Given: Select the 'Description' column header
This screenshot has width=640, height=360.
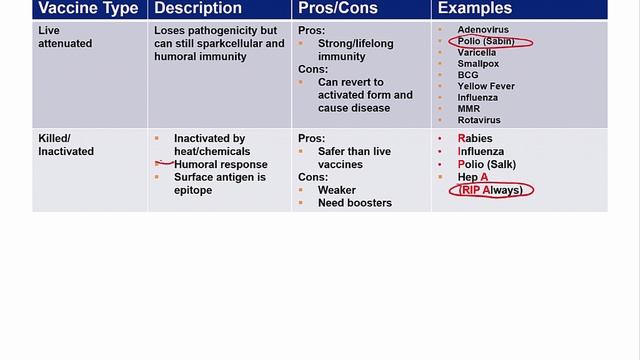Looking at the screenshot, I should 199,9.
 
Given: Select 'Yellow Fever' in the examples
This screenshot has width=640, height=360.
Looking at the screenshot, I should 486,86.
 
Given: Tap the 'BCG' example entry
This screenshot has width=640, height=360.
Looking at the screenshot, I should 468,75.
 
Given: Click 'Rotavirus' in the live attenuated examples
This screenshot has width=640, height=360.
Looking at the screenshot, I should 479,120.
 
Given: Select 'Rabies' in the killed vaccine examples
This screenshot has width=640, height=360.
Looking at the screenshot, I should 475,138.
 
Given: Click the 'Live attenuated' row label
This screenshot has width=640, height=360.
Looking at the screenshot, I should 66,37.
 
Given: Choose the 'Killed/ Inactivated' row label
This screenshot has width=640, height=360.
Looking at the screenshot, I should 66,145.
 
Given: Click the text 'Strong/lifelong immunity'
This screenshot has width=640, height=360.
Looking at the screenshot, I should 355,50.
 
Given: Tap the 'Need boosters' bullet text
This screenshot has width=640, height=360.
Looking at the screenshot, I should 354,203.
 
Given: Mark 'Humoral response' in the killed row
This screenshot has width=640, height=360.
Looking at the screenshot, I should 220,164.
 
